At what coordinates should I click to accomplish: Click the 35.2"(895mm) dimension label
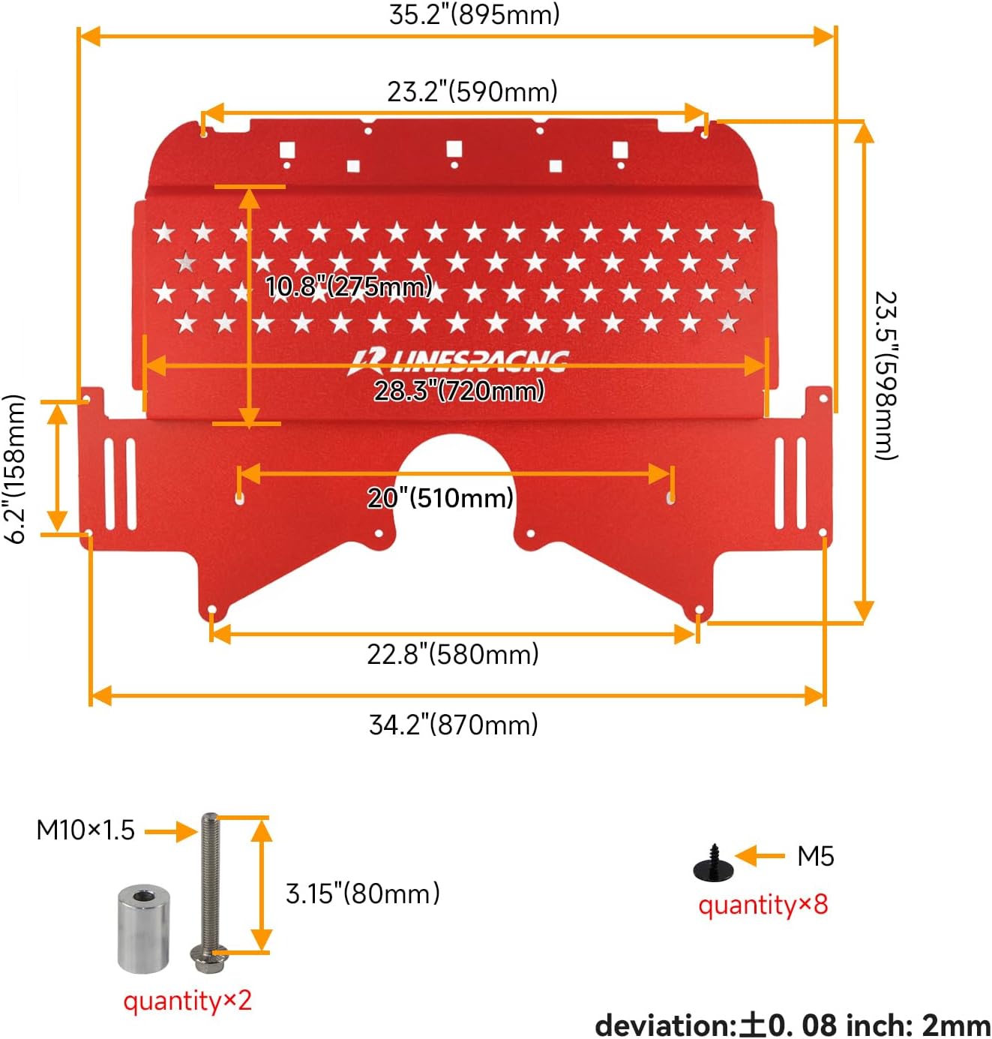(x=474, y=14)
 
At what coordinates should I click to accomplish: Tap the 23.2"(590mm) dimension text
(x=472, y=92)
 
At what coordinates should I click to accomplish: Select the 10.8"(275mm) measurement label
(x=349, y=286)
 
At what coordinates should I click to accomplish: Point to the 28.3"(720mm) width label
(x=459, y=390)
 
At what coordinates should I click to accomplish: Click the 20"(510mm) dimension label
(x=440, y=497)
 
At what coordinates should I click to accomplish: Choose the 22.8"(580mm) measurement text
(x=453, y=654)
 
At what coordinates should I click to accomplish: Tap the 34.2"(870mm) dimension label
(x=454, y=725)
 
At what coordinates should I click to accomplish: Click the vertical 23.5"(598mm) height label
(x=886, y=375)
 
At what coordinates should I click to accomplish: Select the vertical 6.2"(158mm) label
(x=16, y=469)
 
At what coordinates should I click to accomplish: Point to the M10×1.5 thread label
(x=85, y=830)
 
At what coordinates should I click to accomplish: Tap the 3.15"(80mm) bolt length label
(x=363, y=893)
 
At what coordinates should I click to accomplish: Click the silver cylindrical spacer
(x=144, y=928)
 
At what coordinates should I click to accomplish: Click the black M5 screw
(x=713, y=864)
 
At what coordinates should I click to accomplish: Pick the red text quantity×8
(x=763, y=905)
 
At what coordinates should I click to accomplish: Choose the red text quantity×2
(x=187, y=1001)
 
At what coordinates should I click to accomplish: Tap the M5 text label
(x=816, y=856)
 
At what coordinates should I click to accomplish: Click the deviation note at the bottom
(x=793, y=1025)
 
